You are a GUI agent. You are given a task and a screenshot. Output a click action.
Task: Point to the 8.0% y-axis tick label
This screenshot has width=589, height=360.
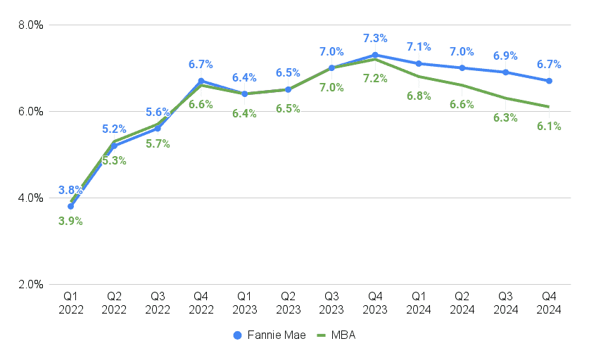tap(30, 25)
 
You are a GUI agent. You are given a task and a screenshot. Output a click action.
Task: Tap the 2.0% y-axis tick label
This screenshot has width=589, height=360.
tap(30, 284)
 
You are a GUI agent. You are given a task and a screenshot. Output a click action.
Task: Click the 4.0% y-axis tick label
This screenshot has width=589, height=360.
tap(30, 198)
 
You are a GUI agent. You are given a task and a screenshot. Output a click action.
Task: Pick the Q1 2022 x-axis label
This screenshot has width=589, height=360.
tap(70, 304)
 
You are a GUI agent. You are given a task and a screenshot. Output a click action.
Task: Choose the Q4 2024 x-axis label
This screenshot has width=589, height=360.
tap(549, 304)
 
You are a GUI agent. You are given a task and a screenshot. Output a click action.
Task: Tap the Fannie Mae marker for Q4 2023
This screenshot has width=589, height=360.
tap(375, 55)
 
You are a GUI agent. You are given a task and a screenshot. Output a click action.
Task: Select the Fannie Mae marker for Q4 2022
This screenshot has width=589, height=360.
tap(201, 81)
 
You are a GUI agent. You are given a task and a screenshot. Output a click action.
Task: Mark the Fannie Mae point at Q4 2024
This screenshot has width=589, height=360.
tap(549, 81)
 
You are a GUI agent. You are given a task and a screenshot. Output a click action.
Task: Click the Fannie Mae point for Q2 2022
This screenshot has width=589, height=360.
tap(114, 146)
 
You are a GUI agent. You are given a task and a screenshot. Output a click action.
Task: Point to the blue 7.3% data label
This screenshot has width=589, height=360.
tap(375, 37)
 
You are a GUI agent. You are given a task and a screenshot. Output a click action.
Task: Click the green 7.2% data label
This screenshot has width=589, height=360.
tap(375, 78)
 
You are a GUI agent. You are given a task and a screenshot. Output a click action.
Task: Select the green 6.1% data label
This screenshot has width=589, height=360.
tap(549, 126)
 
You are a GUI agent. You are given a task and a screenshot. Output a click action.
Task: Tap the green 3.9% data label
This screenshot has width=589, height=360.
tap(70, 221)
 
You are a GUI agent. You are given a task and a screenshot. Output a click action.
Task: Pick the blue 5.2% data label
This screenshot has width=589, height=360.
tap(114, 129)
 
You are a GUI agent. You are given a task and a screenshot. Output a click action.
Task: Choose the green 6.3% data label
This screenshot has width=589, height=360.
tap(505, 117)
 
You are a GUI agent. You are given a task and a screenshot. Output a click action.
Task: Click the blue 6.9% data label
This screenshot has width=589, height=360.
tap(505, 55)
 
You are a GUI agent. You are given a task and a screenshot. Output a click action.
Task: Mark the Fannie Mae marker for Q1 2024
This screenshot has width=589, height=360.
tap(419, 63)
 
